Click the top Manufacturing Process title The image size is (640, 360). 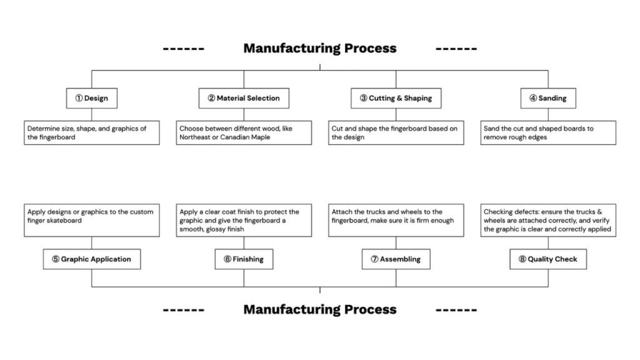coord(319,48)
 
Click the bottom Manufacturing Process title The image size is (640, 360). coord(319,309)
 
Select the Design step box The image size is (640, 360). coord(92,98)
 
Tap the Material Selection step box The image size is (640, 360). coord(244,98)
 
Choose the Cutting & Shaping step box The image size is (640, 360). coord(396,98)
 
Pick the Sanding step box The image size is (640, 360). coord(547,98)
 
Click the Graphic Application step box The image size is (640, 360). coord(92,259)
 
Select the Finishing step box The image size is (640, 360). coord(244,259)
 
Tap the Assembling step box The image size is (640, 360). coord(396,259)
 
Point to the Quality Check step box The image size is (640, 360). coord(547,259)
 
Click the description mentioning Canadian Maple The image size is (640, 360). coord(244,132)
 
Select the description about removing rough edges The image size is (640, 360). coord(547,132)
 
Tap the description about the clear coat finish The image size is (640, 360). coord(244,220)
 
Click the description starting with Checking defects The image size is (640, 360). coord(547,220)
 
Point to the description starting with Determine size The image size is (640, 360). coord(92,132)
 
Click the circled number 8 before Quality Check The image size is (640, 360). coord(522,259)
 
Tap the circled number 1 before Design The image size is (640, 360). coord(79,99)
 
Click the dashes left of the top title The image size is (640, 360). coord(183,49)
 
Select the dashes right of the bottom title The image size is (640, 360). coord(456,309)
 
